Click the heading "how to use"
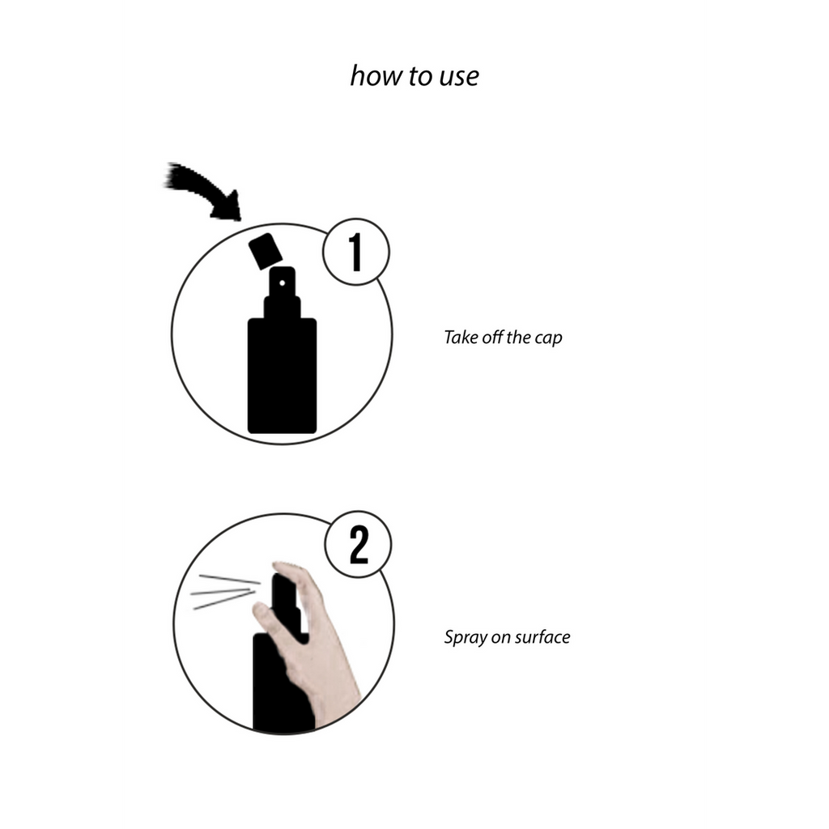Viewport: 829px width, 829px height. point(414,75)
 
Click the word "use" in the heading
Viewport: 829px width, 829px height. point(457,76)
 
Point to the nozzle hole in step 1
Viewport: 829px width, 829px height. point(283,283)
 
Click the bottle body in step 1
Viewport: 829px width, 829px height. point(282,376)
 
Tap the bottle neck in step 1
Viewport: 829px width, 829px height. point(282,308)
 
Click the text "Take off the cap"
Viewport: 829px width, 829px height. point(502,338)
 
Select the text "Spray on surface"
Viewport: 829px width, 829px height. point(507,637)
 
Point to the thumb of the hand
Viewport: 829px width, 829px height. point(267,619)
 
